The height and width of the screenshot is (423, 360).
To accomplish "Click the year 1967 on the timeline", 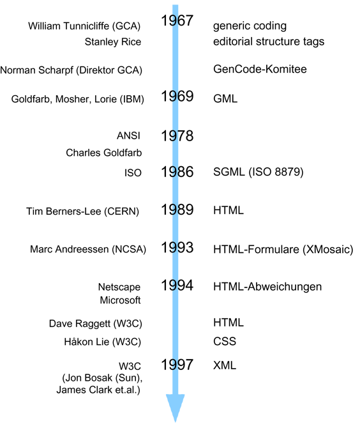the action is [x=177, y=20].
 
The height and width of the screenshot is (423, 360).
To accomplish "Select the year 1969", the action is [x=177, y=96].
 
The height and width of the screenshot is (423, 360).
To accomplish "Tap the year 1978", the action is [x=177, y=135].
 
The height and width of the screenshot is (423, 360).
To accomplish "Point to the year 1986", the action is [x=177, y=172].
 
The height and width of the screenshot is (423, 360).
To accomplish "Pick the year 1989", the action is [x=177, y=210].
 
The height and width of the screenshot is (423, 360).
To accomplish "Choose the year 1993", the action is [x=177, y=247].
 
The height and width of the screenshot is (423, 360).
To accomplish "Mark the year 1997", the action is [x=177, y=365].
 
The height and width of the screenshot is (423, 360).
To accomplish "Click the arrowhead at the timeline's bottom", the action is [x=176, y=408].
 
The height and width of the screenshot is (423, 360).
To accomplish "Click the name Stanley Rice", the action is [x=113, y=42].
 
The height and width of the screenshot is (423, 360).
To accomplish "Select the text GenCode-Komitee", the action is [x=260, y=69].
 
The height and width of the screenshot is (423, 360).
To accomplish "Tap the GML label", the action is [x=225, y=98].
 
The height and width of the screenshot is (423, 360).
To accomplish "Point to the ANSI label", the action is [x=128, y=135].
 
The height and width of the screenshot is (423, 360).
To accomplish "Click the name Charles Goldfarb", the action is [x=104, y=153].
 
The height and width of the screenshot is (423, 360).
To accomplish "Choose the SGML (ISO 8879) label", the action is [x=259, y=172].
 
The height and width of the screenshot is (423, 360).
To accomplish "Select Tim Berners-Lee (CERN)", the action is [x=83, y=211].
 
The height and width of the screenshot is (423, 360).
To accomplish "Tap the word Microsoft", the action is [x=120, y=300].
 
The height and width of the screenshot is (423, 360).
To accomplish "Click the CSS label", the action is [x=225, y=341].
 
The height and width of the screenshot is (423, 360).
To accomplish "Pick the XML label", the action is [x=225, y=365].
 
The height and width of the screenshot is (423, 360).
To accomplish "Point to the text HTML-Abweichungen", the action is [x=267, y=287].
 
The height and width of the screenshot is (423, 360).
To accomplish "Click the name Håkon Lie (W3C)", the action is [x=103, y=342].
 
